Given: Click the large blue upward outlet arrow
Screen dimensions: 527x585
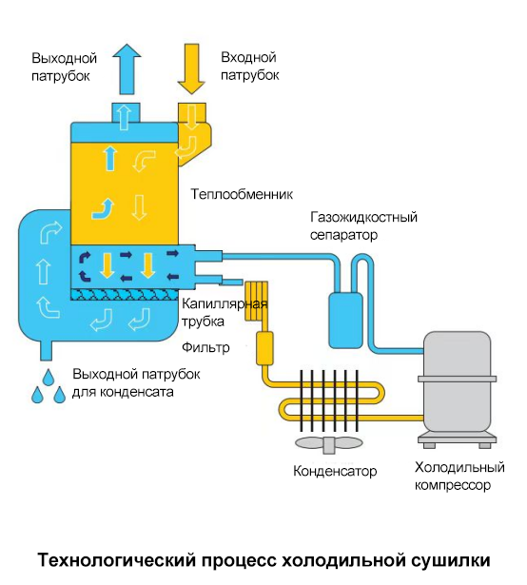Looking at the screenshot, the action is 127,69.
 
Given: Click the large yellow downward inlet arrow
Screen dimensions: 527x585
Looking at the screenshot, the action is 191,69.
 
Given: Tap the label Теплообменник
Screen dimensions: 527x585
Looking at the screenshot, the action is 242,194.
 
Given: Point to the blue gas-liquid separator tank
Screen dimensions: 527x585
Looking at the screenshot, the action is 345,321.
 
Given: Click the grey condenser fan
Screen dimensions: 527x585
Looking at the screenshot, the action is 329,444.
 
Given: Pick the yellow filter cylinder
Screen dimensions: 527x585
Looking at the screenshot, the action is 264,348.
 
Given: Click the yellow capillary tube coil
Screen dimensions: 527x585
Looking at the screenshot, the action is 257,302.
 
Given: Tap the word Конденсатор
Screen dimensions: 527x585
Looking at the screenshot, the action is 335,471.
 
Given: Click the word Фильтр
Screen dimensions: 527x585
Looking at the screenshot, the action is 205,348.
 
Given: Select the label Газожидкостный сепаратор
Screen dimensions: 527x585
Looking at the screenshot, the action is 363,225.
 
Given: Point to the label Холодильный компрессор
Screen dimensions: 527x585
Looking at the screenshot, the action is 459,476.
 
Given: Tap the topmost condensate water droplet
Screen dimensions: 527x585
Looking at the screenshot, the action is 49,377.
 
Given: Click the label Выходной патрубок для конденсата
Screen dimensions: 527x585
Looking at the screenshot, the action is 136,382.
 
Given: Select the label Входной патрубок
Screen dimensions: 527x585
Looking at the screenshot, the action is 249,66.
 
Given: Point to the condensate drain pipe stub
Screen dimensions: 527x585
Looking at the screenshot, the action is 46,350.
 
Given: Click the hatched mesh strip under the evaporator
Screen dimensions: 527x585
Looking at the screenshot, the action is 124,295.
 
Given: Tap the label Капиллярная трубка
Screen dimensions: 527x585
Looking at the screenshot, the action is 224,313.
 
